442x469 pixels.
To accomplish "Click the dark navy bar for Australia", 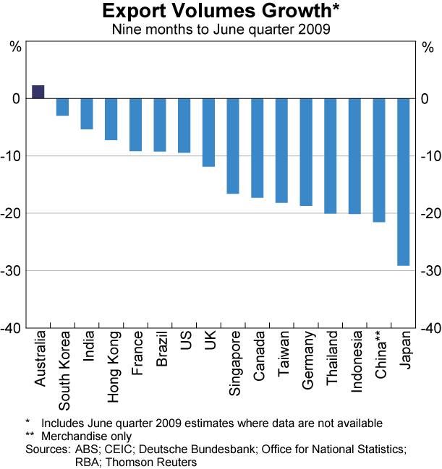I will click(x=38, y=92).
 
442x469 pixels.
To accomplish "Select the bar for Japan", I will click(x=403, y=181).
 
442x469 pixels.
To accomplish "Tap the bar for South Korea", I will click(x=63, y=107).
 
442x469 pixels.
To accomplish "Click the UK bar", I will click(x=208, y=132).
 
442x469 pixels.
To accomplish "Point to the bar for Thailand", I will click(x=330, y=156).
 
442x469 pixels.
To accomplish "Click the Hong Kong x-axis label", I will click(x=111, y=357).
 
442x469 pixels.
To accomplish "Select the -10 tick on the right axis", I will click(x=430, y=156).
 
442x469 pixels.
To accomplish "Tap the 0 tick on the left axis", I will click(x=17, y=99).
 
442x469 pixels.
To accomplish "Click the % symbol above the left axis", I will click(x=14, y=47).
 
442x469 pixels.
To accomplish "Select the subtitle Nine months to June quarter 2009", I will click(x=221, y=30).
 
